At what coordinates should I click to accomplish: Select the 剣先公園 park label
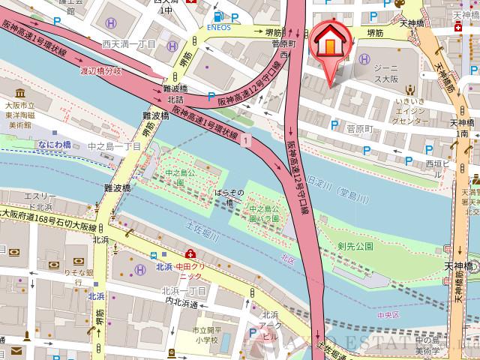pyautogui.click(x=355, y=246)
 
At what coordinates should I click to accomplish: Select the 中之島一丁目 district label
pyautogui.click(x=113, y=146)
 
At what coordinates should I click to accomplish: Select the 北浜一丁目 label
pyautogui.click(x=184, y=290)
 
